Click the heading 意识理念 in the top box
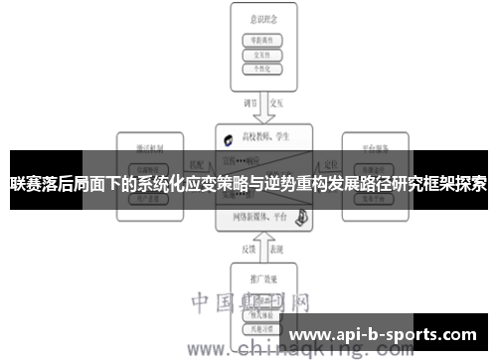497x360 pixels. click(263, 19)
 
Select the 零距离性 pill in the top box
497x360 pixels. click(263, 41)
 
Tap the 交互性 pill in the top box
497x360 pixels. click(263, 56)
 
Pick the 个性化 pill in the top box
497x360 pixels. click(263, 71)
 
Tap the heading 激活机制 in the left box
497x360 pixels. click(152, 145)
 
